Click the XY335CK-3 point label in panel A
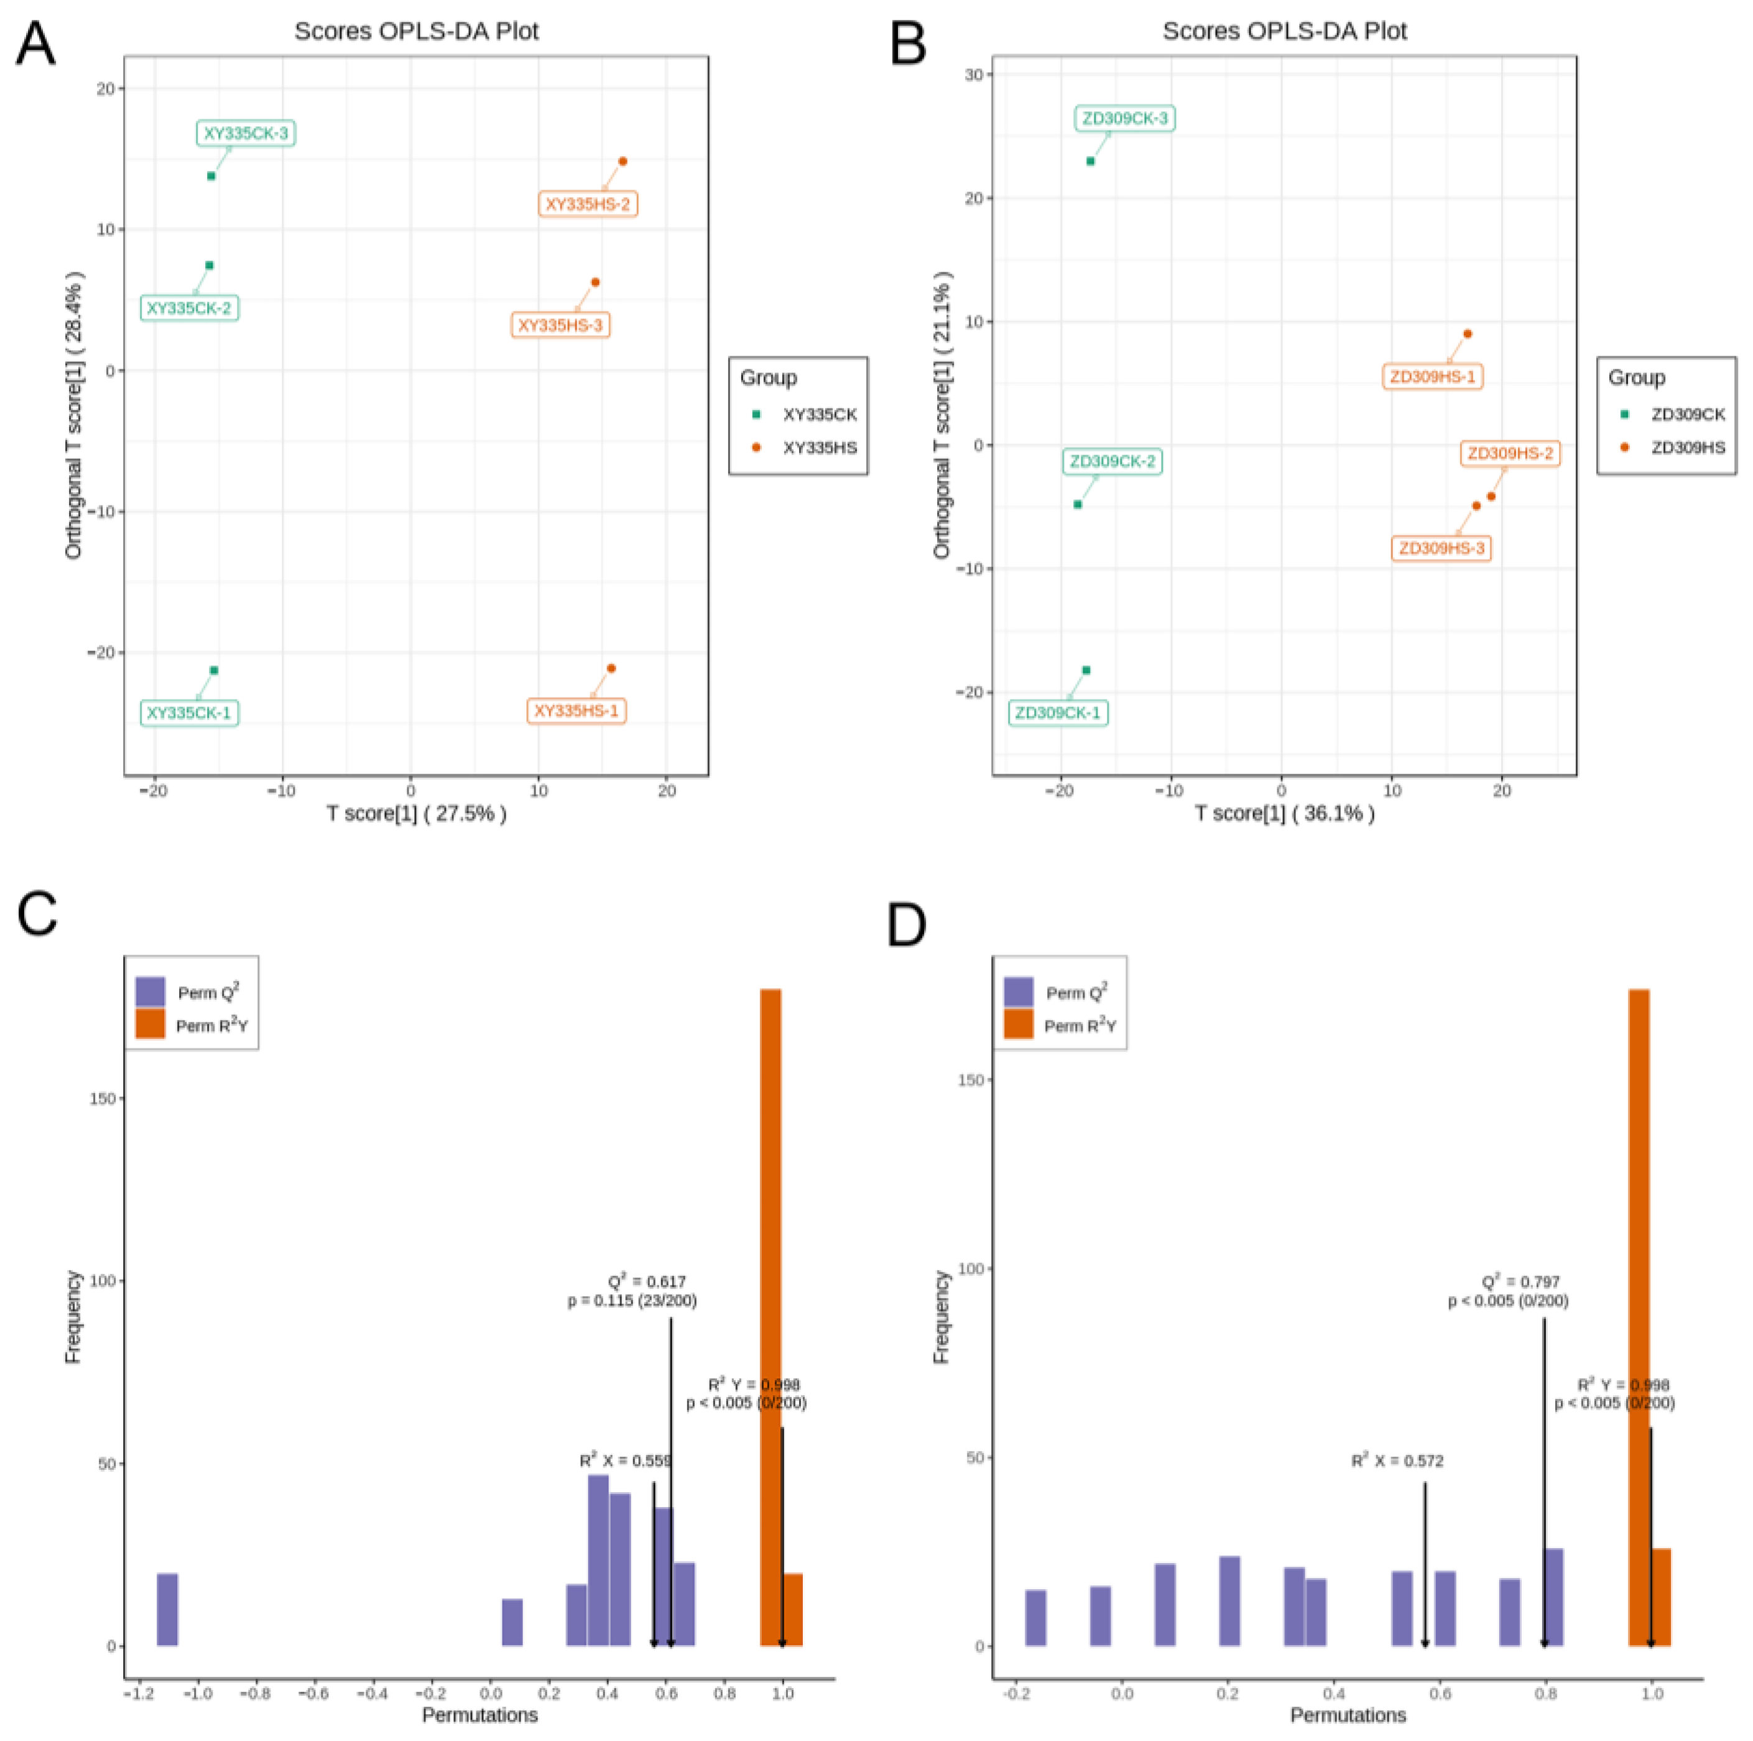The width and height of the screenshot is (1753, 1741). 245,133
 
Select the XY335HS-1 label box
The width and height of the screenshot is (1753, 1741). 576,710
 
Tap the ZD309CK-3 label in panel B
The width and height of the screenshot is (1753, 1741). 1124,118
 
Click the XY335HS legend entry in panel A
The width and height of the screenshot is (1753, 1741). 818,447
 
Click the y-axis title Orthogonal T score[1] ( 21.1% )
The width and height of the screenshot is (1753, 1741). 942,415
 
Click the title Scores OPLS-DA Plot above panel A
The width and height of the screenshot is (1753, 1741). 417,32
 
